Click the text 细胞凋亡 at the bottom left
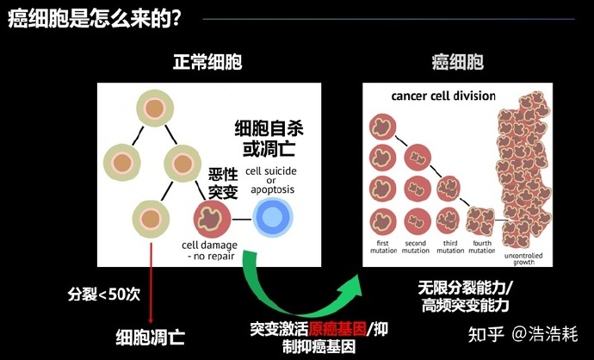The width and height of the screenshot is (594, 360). pyautogui.click(x=151, y=335)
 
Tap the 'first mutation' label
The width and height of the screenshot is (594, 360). pyautogui.click(x=381, y=247)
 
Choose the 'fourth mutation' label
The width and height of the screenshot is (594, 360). pyautogui.click(x=483, y=247)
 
